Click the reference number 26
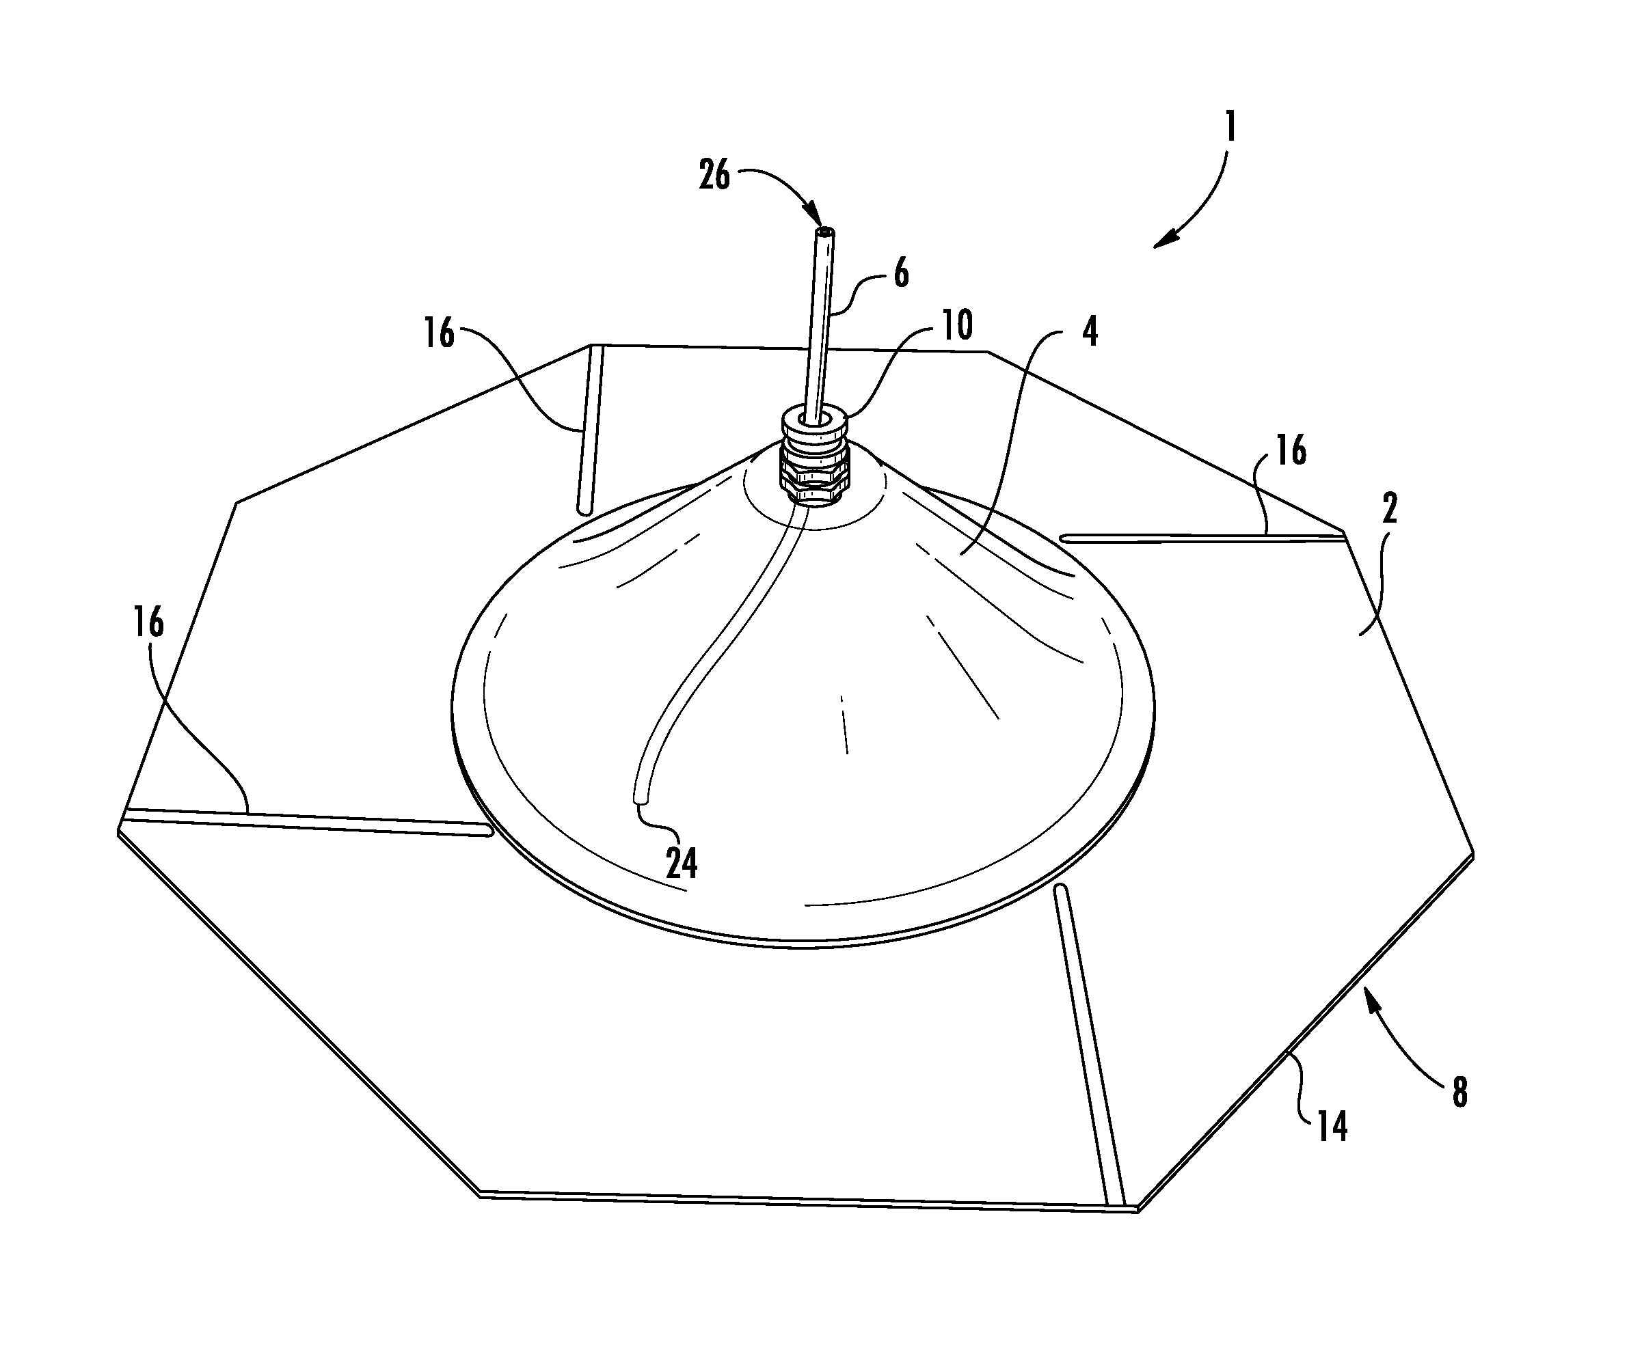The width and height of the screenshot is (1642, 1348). tap(714, 175)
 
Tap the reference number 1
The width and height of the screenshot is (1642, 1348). tap(1230, 126)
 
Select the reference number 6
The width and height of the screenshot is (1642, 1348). tap(901, 273)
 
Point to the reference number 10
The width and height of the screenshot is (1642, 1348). tap(958, 326)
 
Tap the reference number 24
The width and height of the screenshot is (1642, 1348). tap(682, 863)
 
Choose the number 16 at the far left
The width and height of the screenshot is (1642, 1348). tap(148, 622)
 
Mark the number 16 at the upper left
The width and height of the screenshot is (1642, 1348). tap(439, 333)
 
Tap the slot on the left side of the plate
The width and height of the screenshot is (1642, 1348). tap(308, 821)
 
